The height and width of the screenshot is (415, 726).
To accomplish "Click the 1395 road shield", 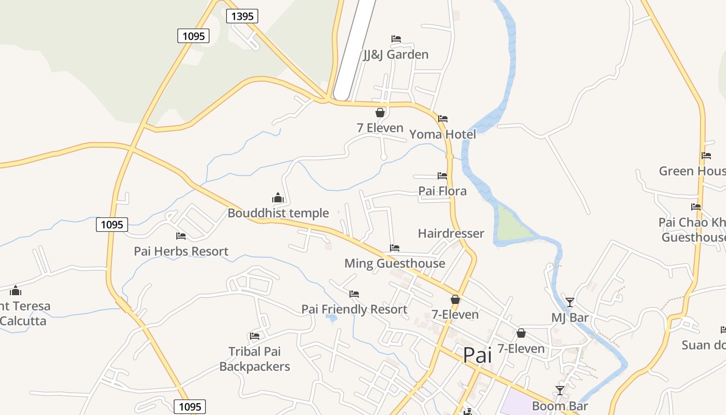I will coord(242,16).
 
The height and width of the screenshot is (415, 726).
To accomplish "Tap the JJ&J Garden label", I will coord(396,54).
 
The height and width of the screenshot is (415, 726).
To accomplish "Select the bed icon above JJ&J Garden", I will coord(396,39).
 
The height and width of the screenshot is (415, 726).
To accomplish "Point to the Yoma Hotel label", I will coord(442,135).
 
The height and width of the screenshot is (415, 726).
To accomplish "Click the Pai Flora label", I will coord(442,191).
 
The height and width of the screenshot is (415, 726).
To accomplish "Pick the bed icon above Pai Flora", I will coord(442,176).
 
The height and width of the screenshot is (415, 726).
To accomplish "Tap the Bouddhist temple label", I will coord(278,213).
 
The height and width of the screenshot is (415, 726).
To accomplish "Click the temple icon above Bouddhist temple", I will coord(278,198).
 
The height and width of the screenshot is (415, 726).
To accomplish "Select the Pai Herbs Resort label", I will coord(181,252).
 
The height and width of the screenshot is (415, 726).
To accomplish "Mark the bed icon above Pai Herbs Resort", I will coord(181,236).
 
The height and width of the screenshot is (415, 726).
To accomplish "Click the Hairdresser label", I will coord(451,233).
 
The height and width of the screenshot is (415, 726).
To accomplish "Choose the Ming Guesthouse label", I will coord(395,264).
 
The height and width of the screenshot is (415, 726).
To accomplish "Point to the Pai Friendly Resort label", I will coord(354,310).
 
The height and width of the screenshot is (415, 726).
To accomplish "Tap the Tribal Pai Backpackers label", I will coord(255,359).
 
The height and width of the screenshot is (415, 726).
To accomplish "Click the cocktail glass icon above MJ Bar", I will coord(570,302).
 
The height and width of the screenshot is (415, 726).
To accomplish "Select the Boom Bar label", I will coord(560,406).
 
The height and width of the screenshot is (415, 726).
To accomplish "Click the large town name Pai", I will coord(477,355).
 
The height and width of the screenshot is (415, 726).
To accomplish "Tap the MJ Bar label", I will coord(570,317).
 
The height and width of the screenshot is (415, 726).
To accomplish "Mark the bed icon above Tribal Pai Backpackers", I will coord(255,336).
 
